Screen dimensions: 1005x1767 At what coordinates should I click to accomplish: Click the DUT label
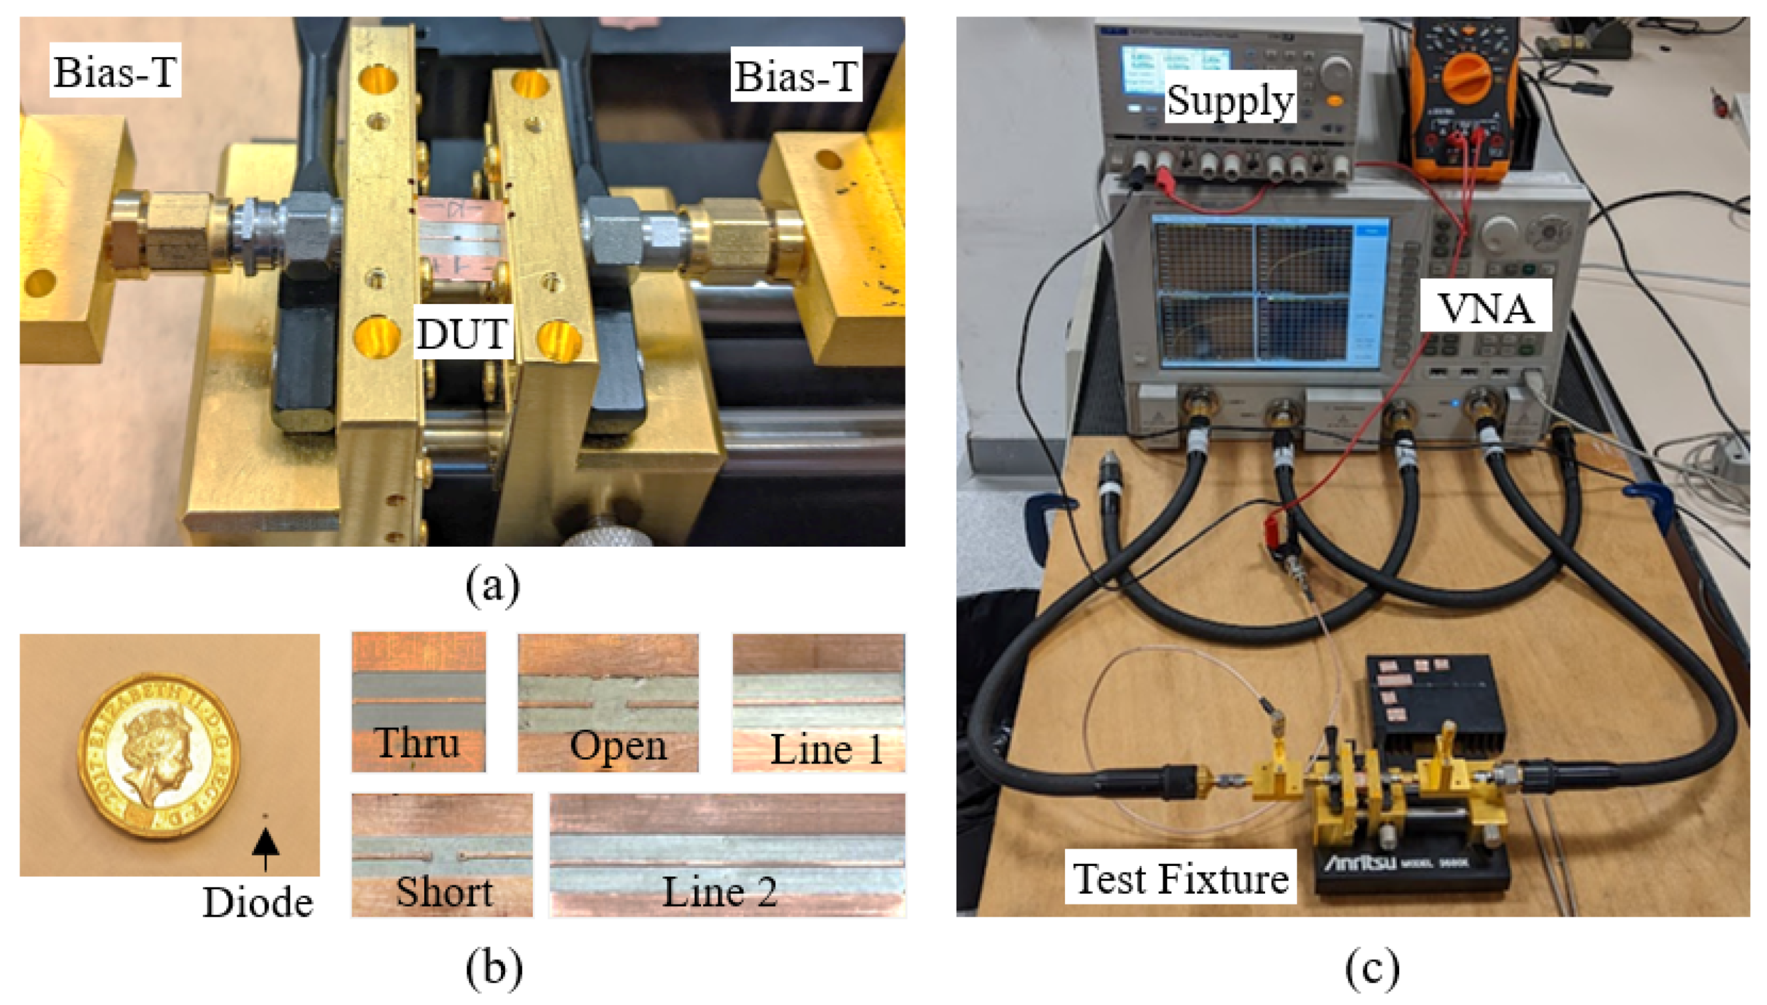[x=462, y=334]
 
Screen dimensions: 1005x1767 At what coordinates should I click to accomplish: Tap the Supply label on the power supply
[x=1230, y=100]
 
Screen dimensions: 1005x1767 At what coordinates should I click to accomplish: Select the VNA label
[x=1485, y=308]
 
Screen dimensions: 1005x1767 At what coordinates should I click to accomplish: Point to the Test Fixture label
[x=1180, y=879]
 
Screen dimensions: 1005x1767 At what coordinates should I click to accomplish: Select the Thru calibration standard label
[x=417, y=743]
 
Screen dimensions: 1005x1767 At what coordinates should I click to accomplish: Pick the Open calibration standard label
[x=618, y=746]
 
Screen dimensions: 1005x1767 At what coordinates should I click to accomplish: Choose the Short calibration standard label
[x=444, y=892]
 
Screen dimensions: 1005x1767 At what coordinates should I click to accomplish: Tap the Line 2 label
[x=719, y=892]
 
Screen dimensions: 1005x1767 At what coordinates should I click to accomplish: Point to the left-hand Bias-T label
[x=115, y=72]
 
